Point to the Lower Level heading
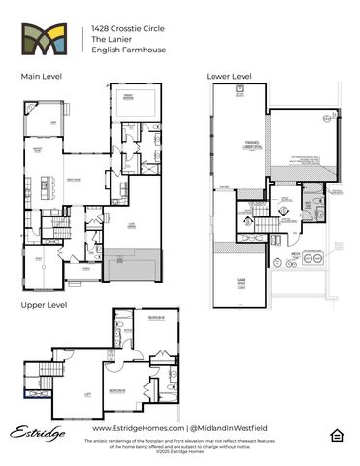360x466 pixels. (229, 76)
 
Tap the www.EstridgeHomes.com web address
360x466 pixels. (137, 428)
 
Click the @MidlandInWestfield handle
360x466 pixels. (229, 428)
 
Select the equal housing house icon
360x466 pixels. (335, 434)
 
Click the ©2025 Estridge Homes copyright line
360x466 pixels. (180, 452)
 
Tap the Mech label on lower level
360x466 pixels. (294, 254)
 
